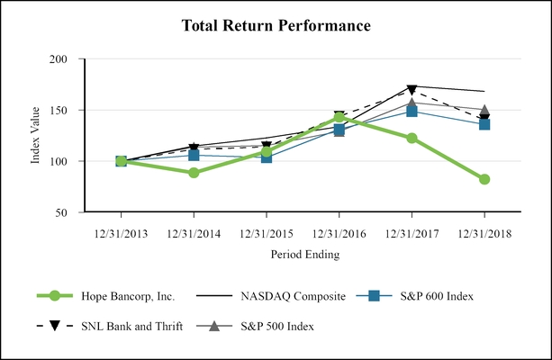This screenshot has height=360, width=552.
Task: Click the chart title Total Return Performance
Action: click(276, 25)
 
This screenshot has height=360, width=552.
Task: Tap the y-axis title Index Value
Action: click(36, 136)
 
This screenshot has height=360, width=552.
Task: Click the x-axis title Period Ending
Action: click(304, 255)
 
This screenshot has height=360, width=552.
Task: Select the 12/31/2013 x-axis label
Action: click(121, 232)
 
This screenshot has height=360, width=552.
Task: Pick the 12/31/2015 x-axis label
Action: click(267, 232)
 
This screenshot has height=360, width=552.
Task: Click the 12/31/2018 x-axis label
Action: click(484, 232)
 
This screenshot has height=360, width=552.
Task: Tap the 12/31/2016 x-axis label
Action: click(339, 232)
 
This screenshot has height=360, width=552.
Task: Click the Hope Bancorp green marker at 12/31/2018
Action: click(484, 179)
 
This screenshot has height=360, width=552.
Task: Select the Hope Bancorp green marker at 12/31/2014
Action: click(194, 173)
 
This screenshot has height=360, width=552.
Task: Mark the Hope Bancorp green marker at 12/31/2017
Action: click(412, 138)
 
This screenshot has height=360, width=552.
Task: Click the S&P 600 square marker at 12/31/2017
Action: click(412, 111)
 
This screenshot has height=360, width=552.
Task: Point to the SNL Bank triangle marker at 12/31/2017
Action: click(412, 89)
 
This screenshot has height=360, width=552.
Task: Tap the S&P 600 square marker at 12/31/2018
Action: click(484, 124)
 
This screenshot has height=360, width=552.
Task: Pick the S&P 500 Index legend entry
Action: click(270, 326)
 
